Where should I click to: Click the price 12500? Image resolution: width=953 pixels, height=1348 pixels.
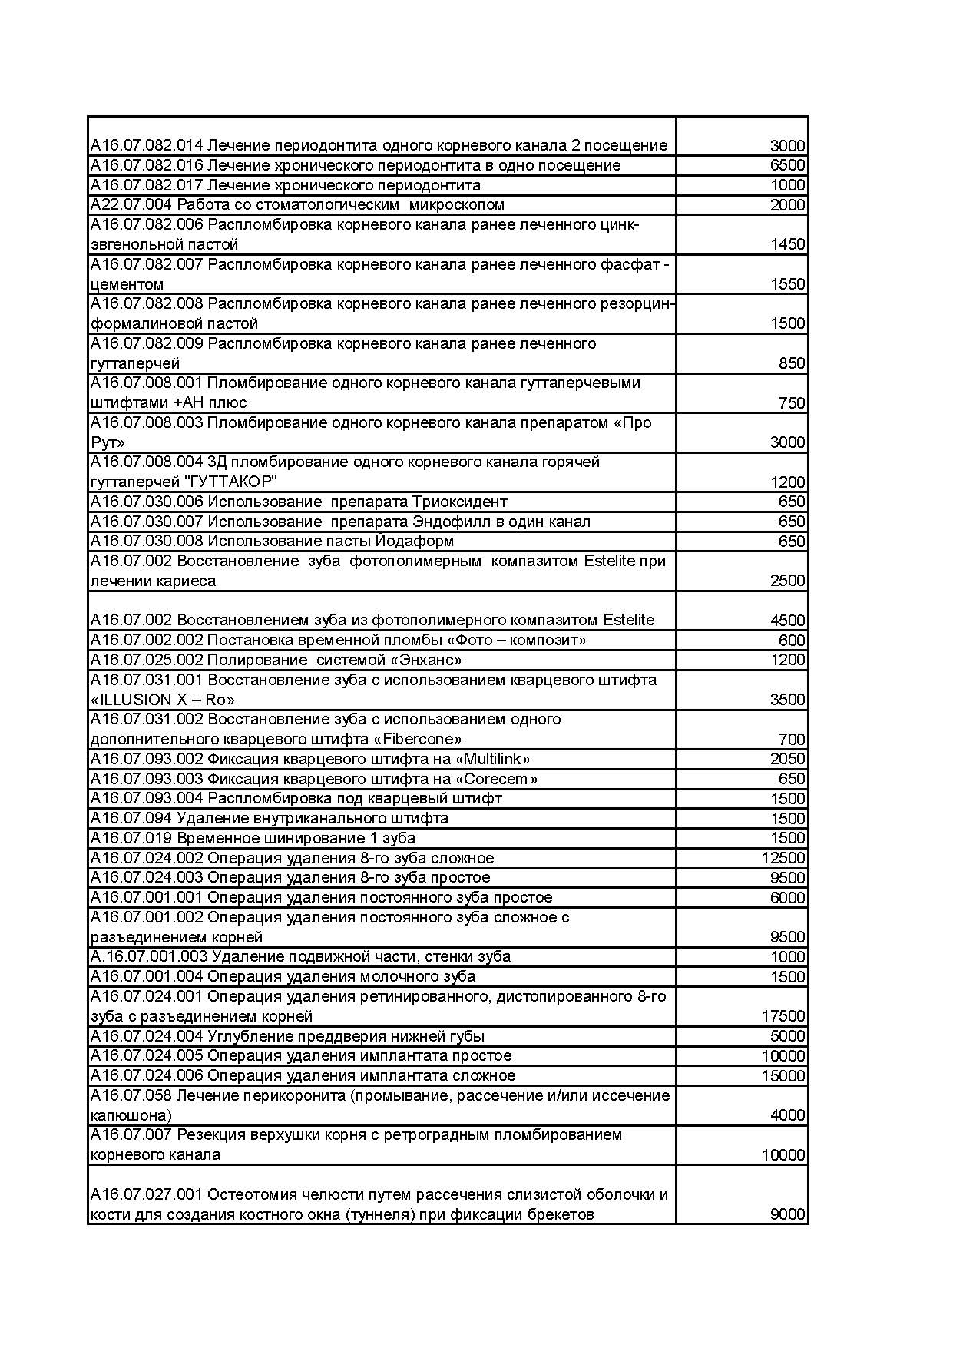click(783, 858)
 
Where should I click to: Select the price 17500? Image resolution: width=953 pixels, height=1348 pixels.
click(783, 1016)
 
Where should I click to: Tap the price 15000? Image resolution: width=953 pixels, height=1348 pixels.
click(783, 1076)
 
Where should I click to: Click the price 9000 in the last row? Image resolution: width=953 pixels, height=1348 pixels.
click(787, 1214)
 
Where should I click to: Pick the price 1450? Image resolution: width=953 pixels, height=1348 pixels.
click(787, 244)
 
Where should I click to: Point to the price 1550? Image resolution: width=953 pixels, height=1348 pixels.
click(787, 284)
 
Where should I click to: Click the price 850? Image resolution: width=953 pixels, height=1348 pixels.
click(791, 363)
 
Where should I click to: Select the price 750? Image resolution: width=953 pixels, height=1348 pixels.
click(791, 402)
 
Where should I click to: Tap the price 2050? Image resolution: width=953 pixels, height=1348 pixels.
click(787, 759)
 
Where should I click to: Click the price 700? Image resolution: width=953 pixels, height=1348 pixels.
click(791, 740)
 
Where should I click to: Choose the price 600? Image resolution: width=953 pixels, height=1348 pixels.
click(791, 641)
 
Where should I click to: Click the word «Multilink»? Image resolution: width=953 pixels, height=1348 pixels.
click(493, 759)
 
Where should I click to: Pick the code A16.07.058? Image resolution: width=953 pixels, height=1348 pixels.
click(131, 1095)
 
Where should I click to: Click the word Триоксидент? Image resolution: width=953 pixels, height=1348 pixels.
click(459, 502)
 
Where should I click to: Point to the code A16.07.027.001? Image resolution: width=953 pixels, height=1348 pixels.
click(147, 1194)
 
